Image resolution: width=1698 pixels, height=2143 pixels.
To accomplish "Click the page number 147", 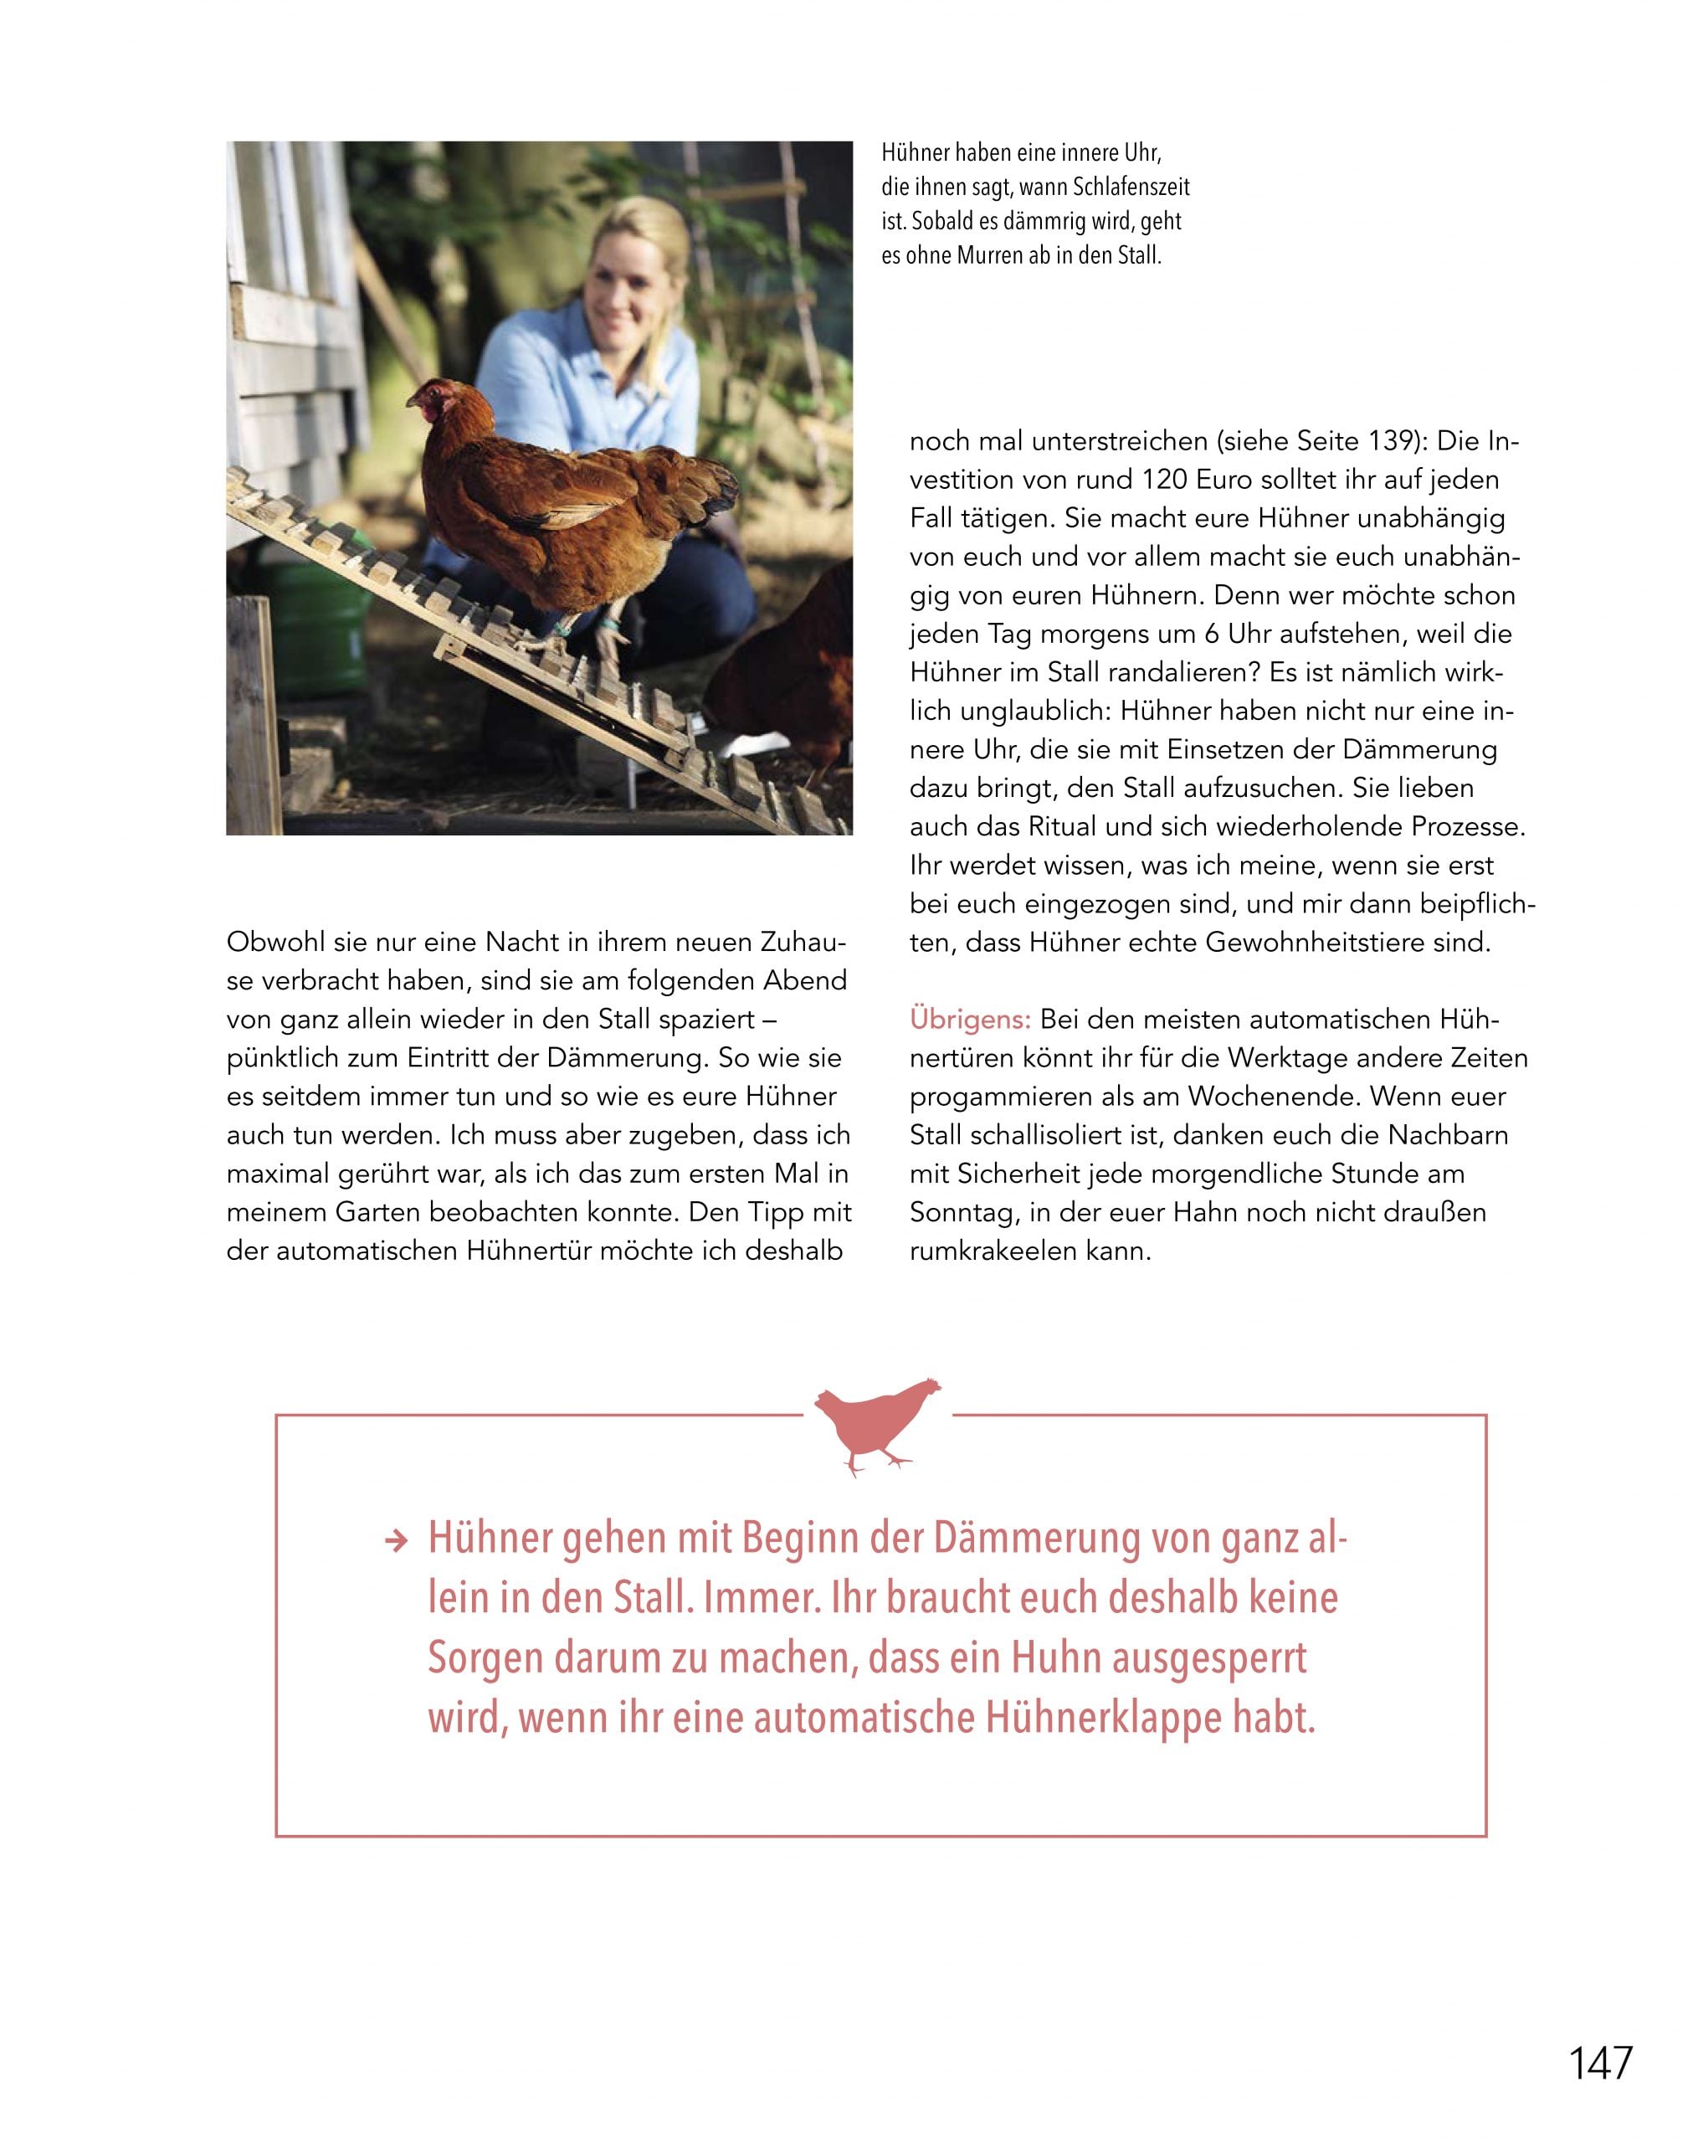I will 1599,2063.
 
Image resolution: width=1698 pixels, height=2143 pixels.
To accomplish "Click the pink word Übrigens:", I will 970,1019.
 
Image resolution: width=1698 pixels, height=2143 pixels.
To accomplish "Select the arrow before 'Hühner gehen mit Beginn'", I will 397,1542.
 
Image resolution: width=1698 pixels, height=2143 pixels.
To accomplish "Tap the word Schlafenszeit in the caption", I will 1131,187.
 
